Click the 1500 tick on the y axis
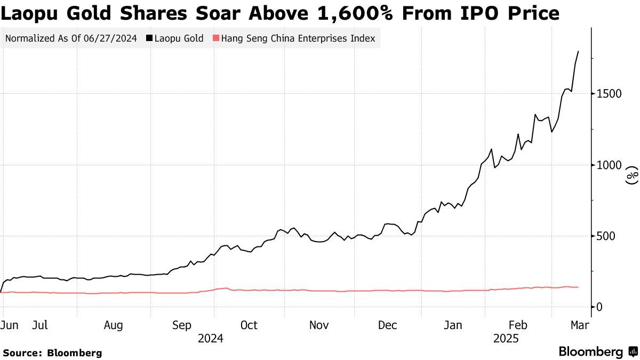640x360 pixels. (607, 94)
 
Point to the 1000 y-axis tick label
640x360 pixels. (607, 165)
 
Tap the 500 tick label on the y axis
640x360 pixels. (605, 236)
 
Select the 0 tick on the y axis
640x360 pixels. (599, 307)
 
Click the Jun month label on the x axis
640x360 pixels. (9, 325)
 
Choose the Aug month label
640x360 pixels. (114, 325)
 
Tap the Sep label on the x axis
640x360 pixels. (182, 325)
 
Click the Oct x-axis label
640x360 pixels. (249, 325)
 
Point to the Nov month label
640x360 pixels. (319, 325)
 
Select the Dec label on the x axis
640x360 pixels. (388, 325)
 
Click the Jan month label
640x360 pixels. (453, 325)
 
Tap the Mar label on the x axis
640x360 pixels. (579, 325)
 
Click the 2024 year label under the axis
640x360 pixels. (210, 338)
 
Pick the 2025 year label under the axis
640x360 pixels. (506, 338)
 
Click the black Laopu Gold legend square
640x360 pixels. (149, 38)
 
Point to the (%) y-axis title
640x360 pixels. (632, 175)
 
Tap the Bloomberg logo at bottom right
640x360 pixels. (597, 352)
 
